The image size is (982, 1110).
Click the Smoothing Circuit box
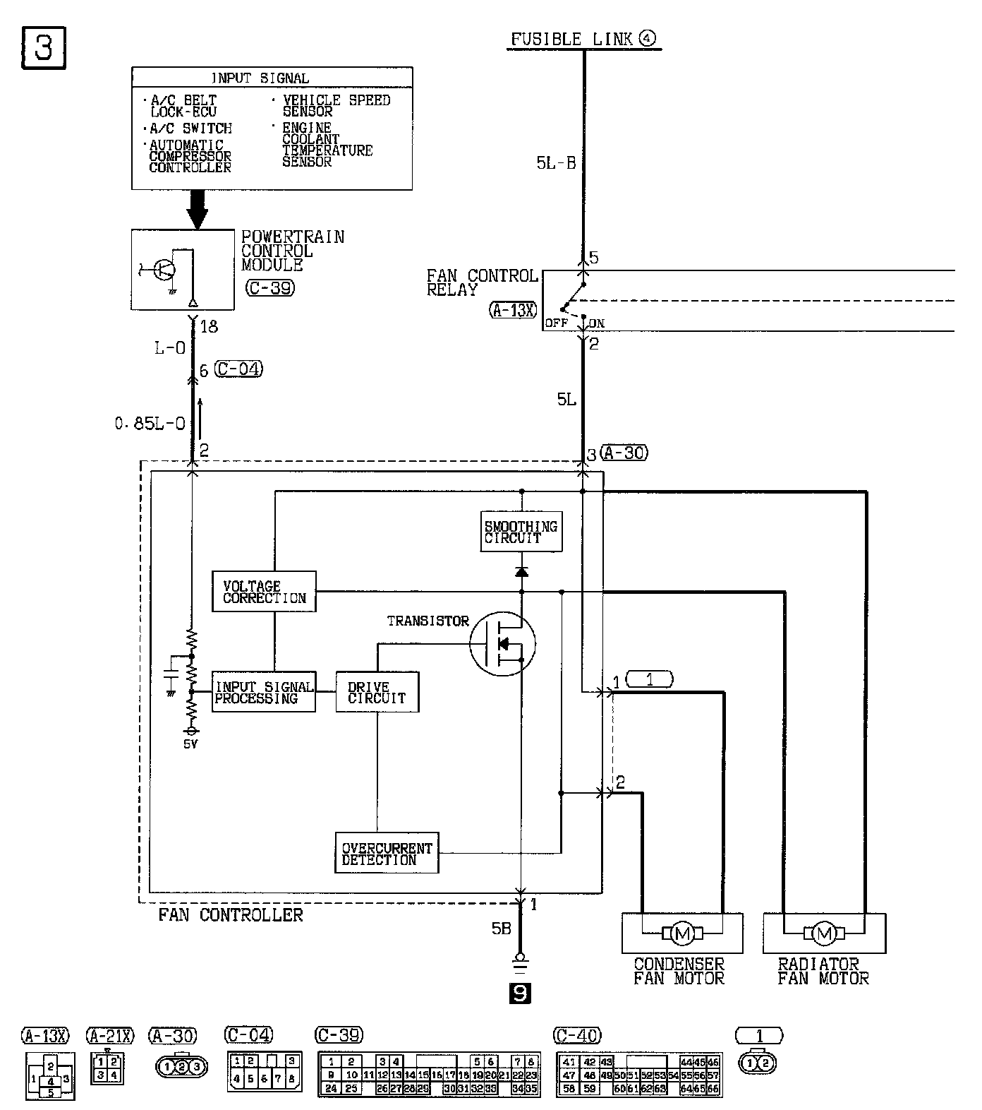(521, 532)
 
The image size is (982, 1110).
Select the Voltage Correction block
(264, 592)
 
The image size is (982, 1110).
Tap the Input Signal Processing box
(264, 692)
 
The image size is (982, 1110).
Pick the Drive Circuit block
(377, 692)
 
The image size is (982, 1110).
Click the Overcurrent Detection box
(386, 854)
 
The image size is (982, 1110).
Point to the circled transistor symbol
(502, 643)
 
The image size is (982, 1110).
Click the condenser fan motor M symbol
(682, 933)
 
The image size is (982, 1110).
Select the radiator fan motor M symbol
(824, 933)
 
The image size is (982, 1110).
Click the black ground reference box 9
(519, 993)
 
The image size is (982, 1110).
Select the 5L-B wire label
(556, 163)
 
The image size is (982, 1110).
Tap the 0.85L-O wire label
(150, 423)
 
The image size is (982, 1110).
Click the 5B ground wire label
(500, 929)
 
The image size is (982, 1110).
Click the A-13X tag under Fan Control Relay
(513, 309)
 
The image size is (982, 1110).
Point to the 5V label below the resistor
(190, 744)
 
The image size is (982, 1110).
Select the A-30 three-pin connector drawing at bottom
(181, 1067)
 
